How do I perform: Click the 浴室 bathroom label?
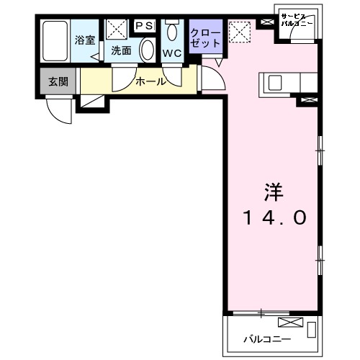click(85, 40)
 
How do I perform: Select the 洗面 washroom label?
click(120, 51)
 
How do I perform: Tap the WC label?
click(172, 53)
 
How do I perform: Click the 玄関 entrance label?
click(58, 81)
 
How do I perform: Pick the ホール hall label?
click(150, 81)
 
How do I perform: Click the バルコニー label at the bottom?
click(266, 338)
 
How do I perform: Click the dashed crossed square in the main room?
click(238, 30)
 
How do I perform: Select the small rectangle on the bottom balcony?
click(312, 330)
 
